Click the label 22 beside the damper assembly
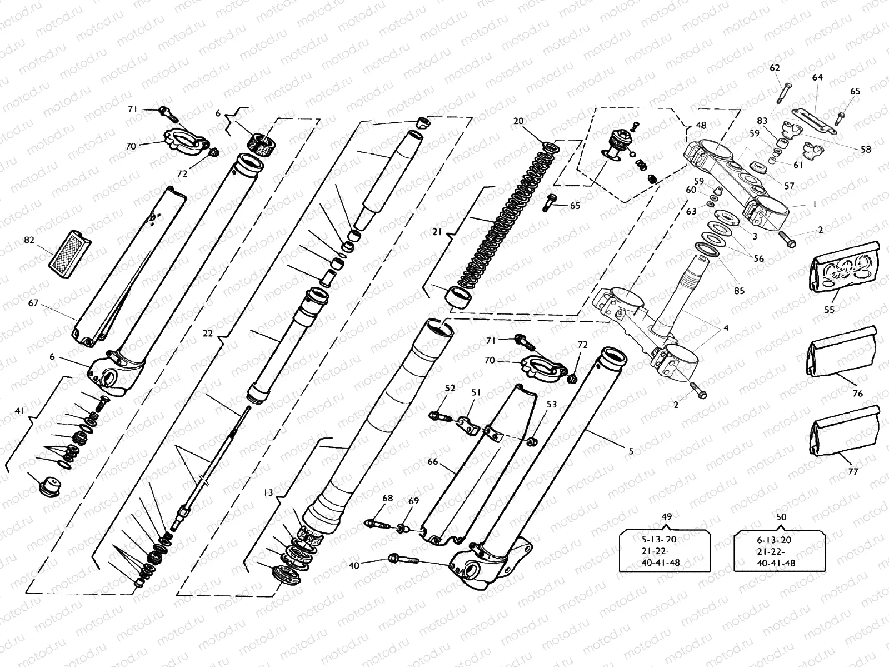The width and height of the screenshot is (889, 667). coord(207,333)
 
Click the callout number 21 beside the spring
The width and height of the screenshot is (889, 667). coord(437,232)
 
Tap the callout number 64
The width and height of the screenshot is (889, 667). coord(817,78)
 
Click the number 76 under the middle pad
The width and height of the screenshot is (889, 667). coord(857,394)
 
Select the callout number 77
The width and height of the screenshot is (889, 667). coord(853,471)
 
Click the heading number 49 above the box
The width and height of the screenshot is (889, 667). coord(667,517)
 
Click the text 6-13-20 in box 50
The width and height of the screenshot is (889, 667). coord(775,540)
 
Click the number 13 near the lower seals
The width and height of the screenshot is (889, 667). coord(269,492)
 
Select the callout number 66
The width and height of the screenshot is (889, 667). coord(433,461)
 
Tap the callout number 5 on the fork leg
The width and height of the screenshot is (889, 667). coord(631,451)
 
